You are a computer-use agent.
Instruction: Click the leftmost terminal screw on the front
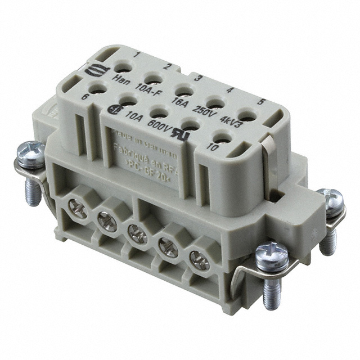(79, 211)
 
